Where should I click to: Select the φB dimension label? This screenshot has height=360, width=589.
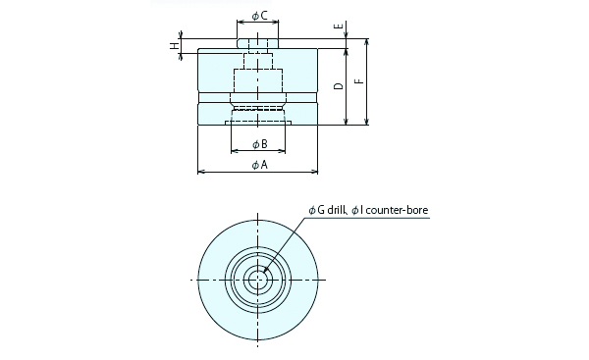259,144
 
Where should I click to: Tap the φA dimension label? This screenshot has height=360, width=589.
259,165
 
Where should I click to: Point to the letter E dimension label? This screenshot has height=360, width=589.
338,27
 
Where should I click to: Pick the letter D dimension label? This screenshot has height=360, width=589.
338,87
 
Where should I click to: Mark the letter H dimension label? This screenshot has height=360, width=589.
174,45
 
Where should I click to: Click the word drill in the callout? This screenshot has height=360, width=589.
336,210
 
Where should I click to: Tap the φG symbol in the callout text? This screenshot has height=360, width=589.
315,210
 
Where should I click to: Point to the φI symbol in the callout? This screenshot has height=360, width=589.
356,210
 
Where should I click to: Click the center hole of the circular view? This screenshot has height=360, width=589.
259,280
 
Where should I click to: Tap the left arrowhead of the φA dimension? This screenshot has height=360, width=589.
201,173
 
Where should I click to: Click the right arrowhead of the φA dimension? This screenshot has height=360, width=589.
316,173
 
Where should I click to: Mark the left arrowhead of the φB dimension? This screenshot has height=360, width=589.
234,152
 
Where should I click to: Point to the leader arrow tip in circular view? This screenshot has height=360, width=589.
264,276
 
